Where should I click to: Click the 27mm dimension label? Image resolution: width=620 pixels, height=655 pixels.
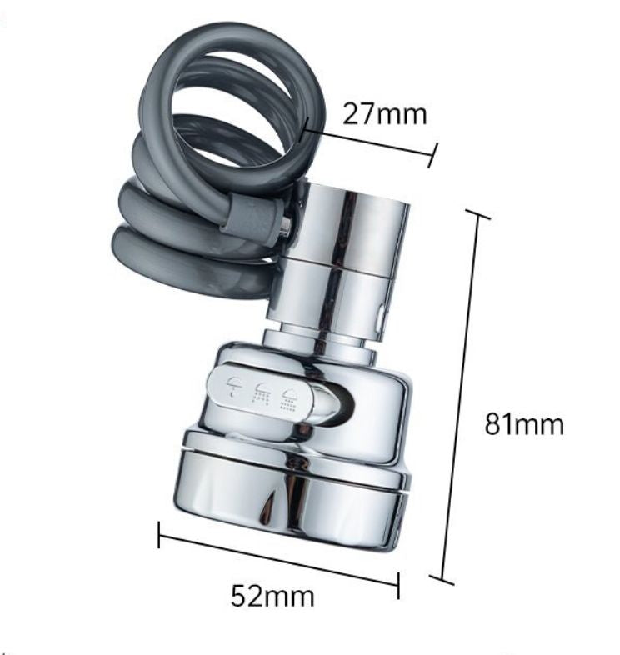click(384, 114)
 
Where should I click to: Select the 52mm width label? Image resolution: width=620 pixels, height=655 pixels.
click(272, 597)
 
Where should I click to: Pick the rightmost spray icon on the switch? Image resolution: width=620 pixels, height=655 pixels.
click(290, 397)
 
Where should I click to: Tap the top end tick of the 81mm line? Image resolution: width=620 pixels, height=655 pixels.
click(477, 214)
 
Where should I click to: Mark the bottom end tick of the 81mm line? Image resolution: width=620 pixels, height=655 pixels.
click(442, 578)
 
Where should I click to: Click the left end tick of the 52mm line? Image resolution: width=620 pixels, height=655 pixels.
click(159, 535)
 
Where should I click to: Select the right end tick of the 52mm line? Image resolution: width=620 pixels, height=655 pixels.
click(398, 585)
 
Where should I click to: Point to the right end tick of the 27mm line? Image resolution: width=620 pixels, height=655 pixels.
click(432, 154)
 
